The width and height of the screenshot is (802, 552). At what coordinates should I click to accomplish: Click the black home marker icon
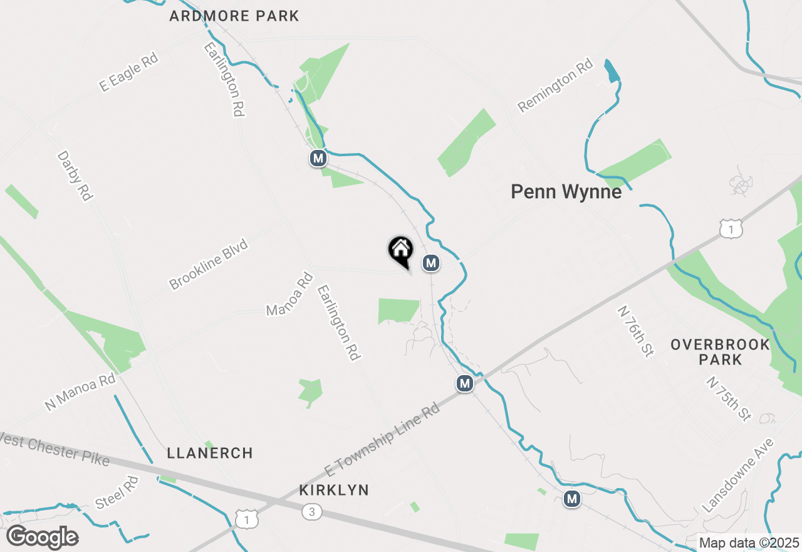pyautogui.click(x=400, y=251)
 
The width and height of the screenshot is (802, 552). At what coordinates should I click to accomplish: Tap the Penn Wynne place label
pyautogui.click(x=566, y=192)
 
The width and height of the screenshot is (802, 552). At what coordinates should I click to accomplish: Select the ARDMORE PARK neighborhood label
pyautogui.click(x=234, y=16)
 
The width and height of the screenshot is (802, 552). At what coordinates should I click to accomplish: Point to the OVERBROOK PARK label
pyautogui.click(x=711, y=352)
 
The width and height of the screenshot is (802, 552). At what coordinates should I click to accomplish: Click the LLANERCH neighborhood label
pyautogui.click(x=210, y=453)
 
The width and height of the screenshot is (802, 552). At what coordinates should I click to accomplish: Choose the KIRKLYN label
pyautogui.click(x=334, y=490)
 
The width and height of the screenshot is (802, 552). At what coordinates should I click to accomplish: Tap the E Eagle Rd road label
pyautogui.click(x=128, y=73)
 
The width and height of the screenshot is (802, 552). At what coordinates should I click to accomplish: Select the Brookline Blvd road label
pyautogui.click(x=209, y=264)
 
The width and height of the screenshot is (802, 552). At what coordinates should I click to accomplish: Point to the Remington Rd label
pyautogui.click(x=555, y=85)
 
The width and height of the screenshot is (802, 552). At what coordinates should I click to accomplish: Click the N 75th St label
pyautogui.click(x=728, y=399)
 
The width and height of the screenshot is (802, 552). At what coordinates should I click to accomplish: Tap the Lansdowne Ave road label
pyautogui.click(x=738, y=475)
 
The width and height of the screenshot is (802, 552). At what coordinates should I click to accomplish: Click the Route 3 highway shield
pyautogui.click(x=311, y=512)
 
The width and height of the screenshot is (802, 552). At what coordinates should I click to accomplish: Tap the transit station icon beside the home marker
pyautogui.click(x=430, y=263)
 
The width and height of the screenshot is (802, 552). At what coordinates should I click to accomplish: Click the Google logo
pyautogui.click(x=42, y=538)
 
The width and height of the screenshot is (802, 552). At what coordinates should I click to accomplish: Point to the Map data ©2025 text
pyautogui.click(x=749, y=543)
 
